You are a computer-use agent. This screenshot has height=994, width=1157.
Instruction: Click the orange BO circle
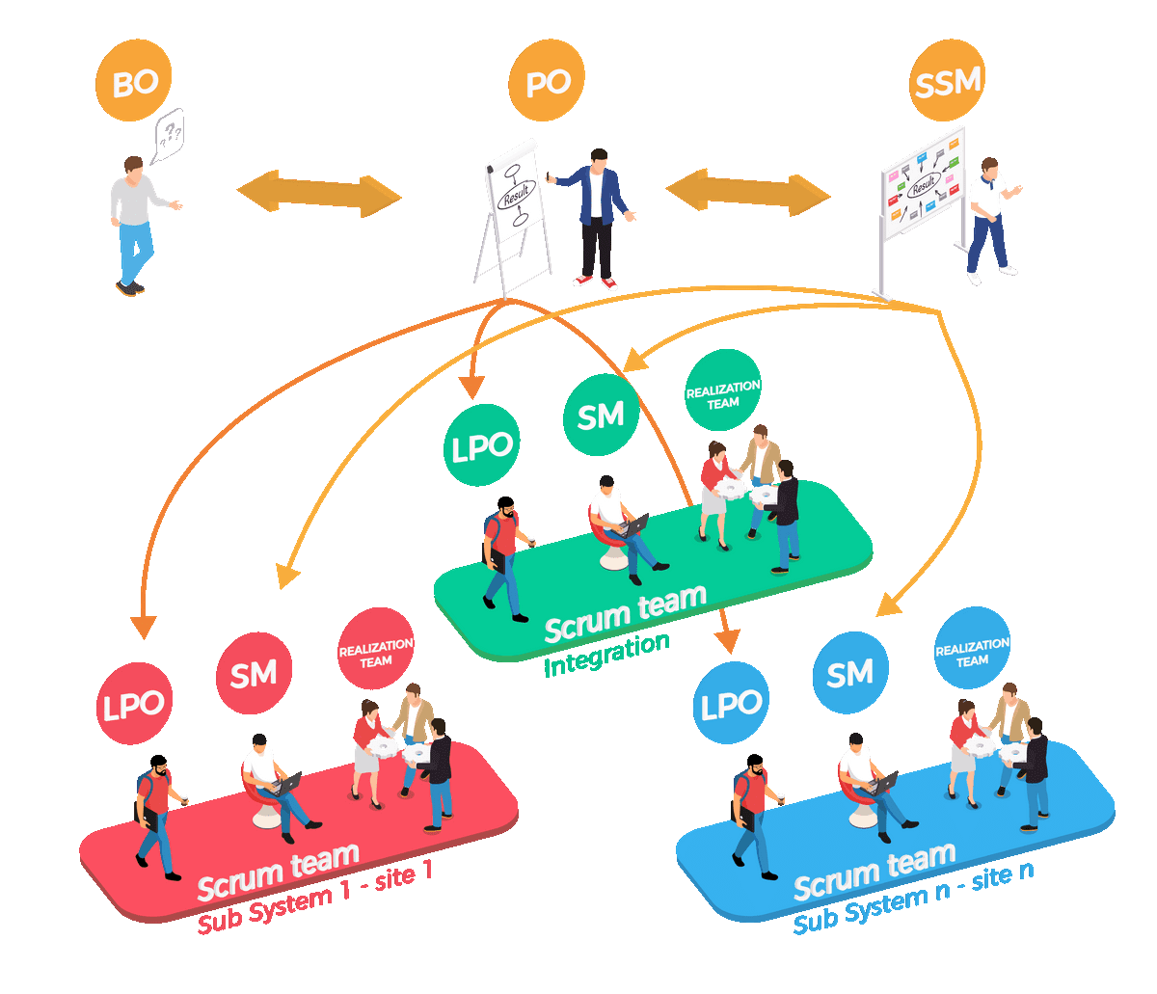coord(135,85)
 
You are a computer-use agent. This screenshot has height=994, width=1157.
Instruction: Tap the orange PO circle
coord(549,84)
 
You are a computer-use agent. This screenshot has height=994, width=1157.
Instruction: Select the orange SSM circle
coord(947,84)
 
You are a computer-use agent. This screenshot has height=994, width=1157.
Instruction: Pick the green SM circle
coord(601,415)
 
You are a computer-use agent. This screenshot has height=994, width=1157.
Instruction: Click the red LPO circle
coord(135,705)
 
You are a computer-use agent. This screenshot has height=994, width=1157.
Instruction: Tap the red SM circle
coord(254,674)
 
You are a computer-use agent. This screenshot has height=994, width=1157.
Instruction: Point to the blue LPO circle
coord(731,706)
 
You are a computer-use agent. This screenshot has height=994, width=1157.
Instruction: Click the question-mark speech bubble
coord(170,136)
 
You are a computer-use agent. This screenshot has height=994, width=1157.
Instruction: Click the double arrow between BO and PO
coord(319,192)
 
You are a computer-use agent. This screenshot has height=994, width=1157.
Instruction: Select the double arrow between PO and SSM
coord(748,192)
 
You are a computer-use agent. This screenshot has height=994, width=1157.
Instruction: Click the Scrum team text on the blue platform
coord(874,869)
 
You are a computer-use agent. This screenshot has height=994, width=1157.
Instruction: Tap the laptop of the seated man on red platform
coord(286,784)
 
